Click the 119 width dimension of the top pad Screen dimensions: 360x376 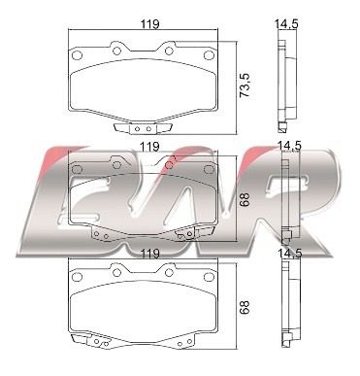click(150, 23)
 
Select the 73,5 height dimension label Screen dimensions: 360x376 click(245, 85)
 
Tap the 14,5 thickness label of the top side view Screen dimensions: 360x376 click(286, 24)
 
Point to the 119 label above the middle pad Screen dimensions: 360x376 click(150, 147)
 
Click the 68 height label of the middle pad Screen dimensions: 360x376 click(245, 199)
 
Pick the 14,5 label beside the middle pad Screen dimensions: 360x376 click(289, 146)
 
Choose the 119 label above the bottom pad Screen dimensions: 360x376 click(150, 254)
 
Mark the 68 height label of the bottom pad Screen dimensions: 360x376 click(245, 307)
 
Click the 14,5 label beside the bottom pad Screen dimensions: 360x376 click(290, 253)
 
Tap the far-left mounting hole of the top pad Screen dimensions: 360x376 click(77, 55)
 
